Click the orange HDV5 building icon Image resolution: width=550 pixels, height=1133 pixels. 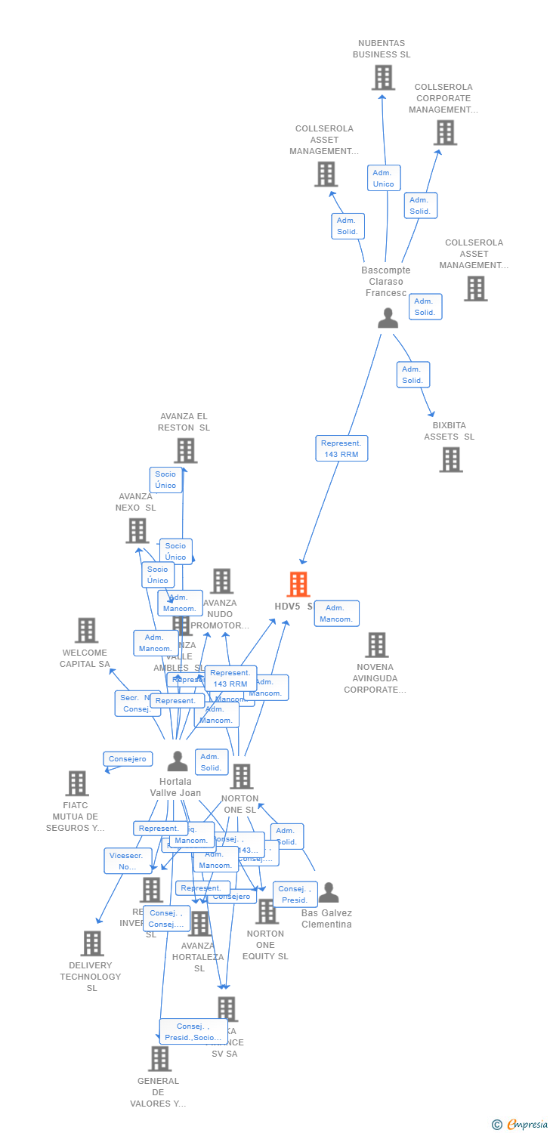298,585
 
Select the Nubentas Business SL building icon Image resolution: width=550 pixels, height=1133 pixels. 383,78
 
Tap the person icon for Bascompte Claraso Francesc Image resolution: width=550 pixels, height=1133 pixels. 388,318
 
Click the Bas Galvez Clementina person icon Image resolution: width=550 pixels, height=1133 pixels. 328,893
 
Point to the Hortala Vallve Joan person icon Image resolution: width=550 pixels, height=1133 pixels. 178,761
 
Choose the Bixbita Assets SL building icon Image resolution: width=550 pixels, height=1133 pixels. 450,459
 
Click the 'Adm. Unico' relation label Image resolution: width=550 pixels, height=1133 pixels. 383,178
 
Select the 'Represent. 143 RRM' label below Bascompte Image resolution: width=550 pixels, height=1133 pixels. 341,448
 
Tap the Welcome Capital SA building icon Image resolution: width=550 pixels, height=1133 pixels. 87,631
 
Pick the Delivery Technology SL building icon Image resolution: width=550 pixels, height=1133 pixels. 92,943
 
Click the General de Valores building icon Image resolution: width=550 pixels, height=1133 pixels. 159,1059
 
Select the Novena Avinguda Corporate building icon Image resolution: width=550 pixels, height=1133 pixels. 376,645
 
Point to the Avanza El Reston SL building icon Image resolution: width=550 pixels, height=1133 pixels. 185,450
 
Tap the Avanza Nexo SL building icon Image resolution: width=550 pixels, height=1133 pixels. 137,530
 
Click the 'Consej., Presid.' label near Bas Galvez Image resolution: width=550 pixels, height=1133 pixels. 295,894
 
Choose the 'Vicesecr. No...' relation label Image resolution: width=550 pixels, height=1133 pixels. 126,861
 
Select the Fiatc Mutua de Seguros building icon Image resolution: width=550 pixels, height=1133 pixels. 77,783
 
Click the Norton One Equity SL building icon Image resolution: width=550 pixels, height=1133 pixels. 266,912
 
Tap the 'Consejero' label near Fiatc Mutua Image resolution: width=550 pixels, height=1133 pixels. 128,758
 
